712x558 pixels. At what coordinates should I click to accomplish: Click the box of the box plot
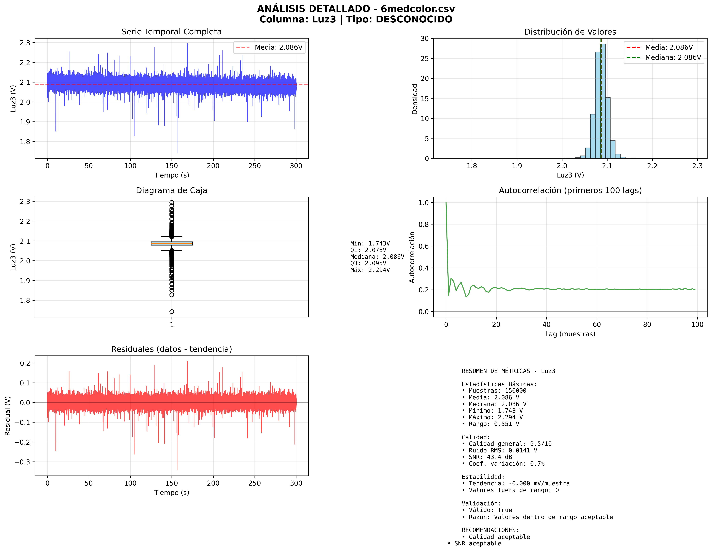(172, 243)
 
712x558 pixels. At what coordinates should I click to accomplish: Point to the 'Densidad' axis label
(414, 99)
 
